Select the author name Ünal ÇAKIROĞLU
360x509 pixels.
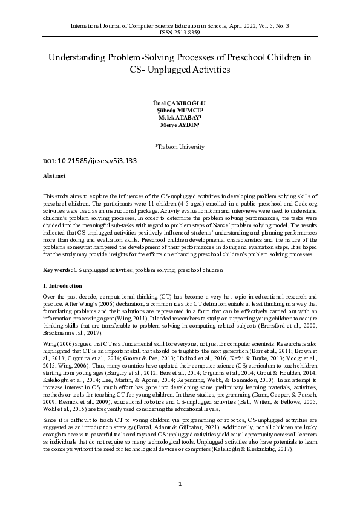(x=179, y=104)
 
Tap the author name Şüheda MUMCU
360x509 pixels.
(x=179, y=111)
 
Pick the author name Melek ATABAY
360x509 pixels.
(x=179, y=118)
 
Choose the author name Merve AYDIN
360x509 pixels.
(x=179, y=126)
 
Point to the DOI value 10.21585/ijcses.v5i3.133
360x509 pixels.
(x=88, y=161)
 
